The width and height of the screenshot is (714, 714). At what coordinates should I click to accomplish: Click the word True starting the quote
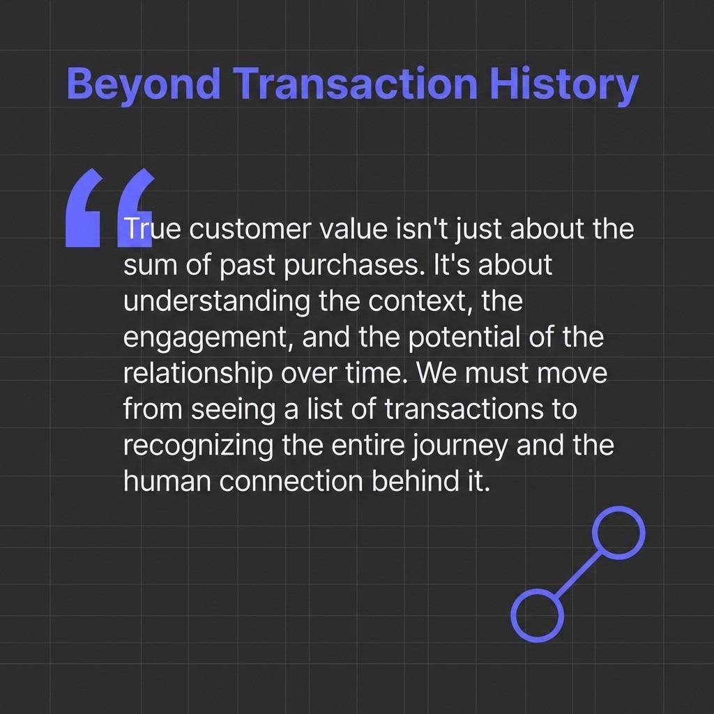[x=147, y=229]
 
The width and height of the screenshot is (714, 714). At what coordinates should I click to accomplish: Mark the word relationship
[x=197, y=374]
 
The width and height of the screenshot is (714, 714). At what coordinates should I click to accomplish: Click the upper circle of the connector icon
[x=618, y=533]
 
